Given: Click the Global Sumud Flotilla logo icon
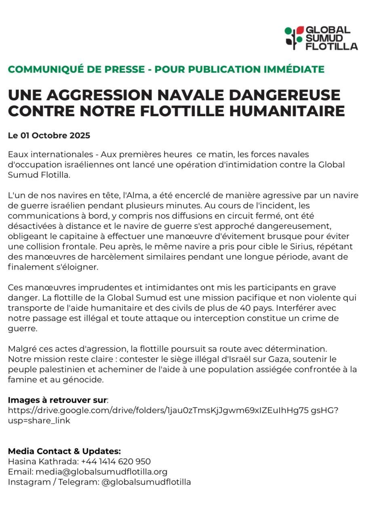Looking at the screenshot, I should [x=294, y=38].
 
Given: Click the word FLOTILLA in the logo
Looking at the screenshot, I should [x=331, y=46].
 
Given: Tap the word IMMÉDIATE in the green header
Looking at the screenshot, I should [x=294, y=69].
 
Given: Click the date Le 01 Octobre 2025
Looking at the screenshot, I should [x=49, y=135].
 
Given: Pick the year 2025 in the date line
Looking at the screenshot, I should [x=80, y=135].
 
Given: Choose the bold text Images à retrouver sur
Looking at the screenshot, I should [x=57, y=400].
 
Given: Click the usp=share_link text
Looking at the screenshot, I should [x=39, y=420].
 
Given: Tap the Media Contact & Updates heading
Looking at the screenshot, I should [x=64, y=451].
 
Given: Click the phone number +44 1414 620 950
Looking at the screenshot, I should [x=116, y=461].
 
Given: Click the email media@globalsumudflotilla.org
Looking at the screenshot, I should [x=101, y=471].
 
